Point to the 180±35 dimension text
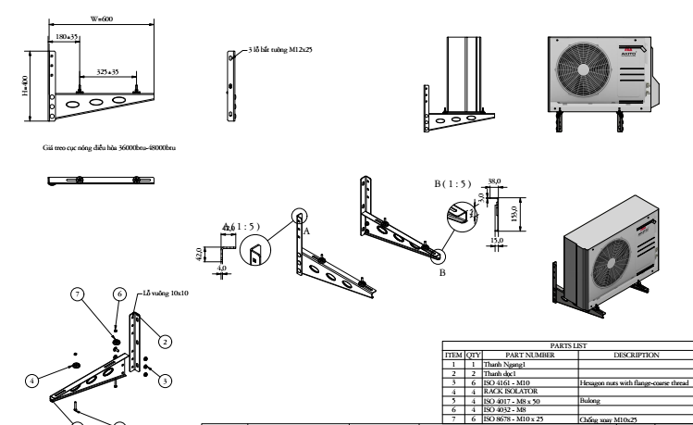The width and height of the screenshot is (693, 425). tap(68, 38)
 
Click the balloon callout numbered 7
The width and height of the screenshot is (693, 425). tap(79, 294)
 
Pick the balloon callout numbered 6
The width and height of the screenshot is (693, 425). tap(118, 294)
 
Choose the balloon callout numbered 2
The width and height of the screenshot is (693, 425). tap(164, 341)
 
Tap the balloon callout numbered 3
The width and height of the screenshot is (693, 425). tap(164, 380)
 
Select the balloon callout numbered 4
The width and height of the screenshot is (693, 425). tap(31, 379)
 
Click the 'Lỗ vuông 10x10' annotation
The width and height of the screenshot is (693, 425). tap(167, 293)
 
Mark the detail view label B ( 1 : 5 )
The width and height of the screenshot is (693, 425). tap(452, 184)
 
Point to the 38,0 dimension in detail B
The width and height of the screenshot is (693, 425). tap(494, 181)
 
